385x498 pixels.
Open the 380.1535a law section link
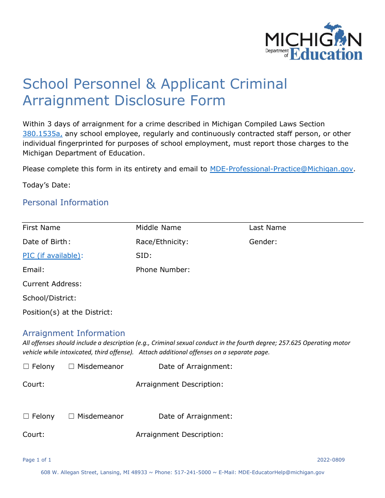[x=43, y=134]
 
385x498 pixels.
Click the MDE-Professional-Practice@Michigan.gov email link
[x=281, y=169]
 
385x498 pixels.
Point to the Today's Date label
[x=47, y=185]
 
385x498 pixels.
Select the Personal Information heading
[x=66, y=202]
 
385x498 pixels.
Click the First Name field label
[x=41, y=228]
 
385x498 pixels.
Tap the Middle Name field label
[x=158, y=228]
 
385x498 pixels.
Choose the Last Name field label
[x=267, y=228]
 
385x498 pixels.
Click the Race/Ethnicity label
[x=162, y=242]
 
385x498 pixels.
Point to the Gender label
[x=263, y=242]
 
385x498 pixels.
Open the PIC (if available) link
[x=52, y=255]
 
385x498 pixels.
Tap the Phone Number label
[x=163, y=270]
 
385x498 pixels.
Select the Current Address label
[x=52, y=284]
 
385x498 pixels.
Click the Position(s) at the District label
[x=67, y=312]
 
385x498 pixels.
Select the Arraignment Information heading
[x=74, y=333]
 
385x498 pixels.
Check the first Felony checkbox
[x=26, y=366]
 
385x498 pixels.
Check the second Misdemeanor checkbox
[x=71, y=416]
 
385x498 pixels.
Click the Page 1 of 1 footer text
[x=37, y=460]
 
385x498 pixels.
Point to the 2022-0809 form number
[x=331, y=460]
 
